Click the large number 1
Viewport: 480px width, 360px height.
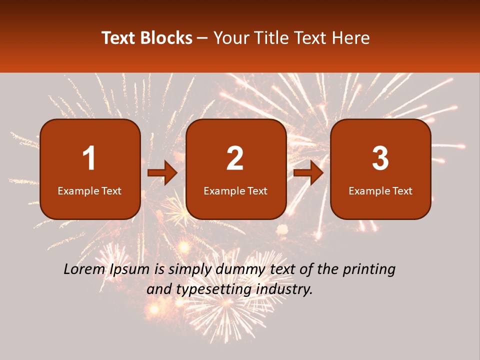click(89, 158)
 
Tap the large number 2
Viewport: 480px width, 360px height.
click(235, 158)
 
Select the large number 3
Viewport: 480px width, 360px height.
click(380, 158)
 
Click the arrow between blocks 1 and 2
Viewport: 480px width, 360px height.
click(162, 173)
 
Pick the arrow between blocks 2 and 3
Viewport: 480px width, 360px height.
click(308, 173)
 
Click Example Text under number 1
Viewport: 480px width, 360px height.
click(89, 190)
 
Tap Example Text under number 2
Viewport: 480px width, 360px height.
click(235, 190)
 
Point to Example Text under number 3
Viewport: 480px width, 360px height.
click(380, 190)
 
